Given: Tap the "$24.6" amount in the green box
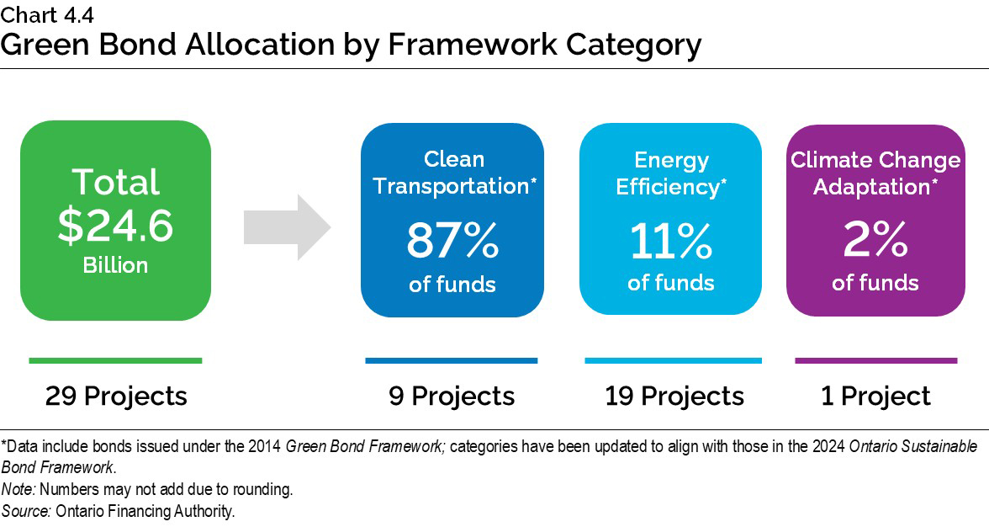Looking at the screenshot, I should (115, 225).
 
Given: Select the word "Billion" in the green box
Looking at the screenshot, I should (115, 265).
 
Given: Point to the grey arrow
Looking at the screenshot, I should (287, 226).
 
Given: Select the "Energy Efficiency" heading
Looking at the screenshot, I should (671, 173).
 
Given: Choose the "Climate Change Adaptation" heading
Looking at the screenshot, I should (875, 173).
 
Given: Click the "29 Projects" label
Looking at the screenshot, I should (116, 396).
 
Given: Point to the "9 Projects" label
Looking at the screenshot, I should (452, 396).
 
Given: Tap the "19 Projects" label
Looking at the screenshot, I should (674, 396).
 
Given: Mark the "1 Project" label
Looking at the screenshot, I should (875, 396).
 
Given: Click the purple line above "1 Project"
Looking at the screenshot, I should (875, 360).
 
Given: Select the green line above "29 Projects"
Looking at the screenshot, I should (115, 360).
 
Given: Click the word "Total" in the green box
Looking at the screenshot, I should (115, 182).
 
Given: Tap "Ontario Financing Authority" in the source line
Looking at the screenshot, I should (145, 511).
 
